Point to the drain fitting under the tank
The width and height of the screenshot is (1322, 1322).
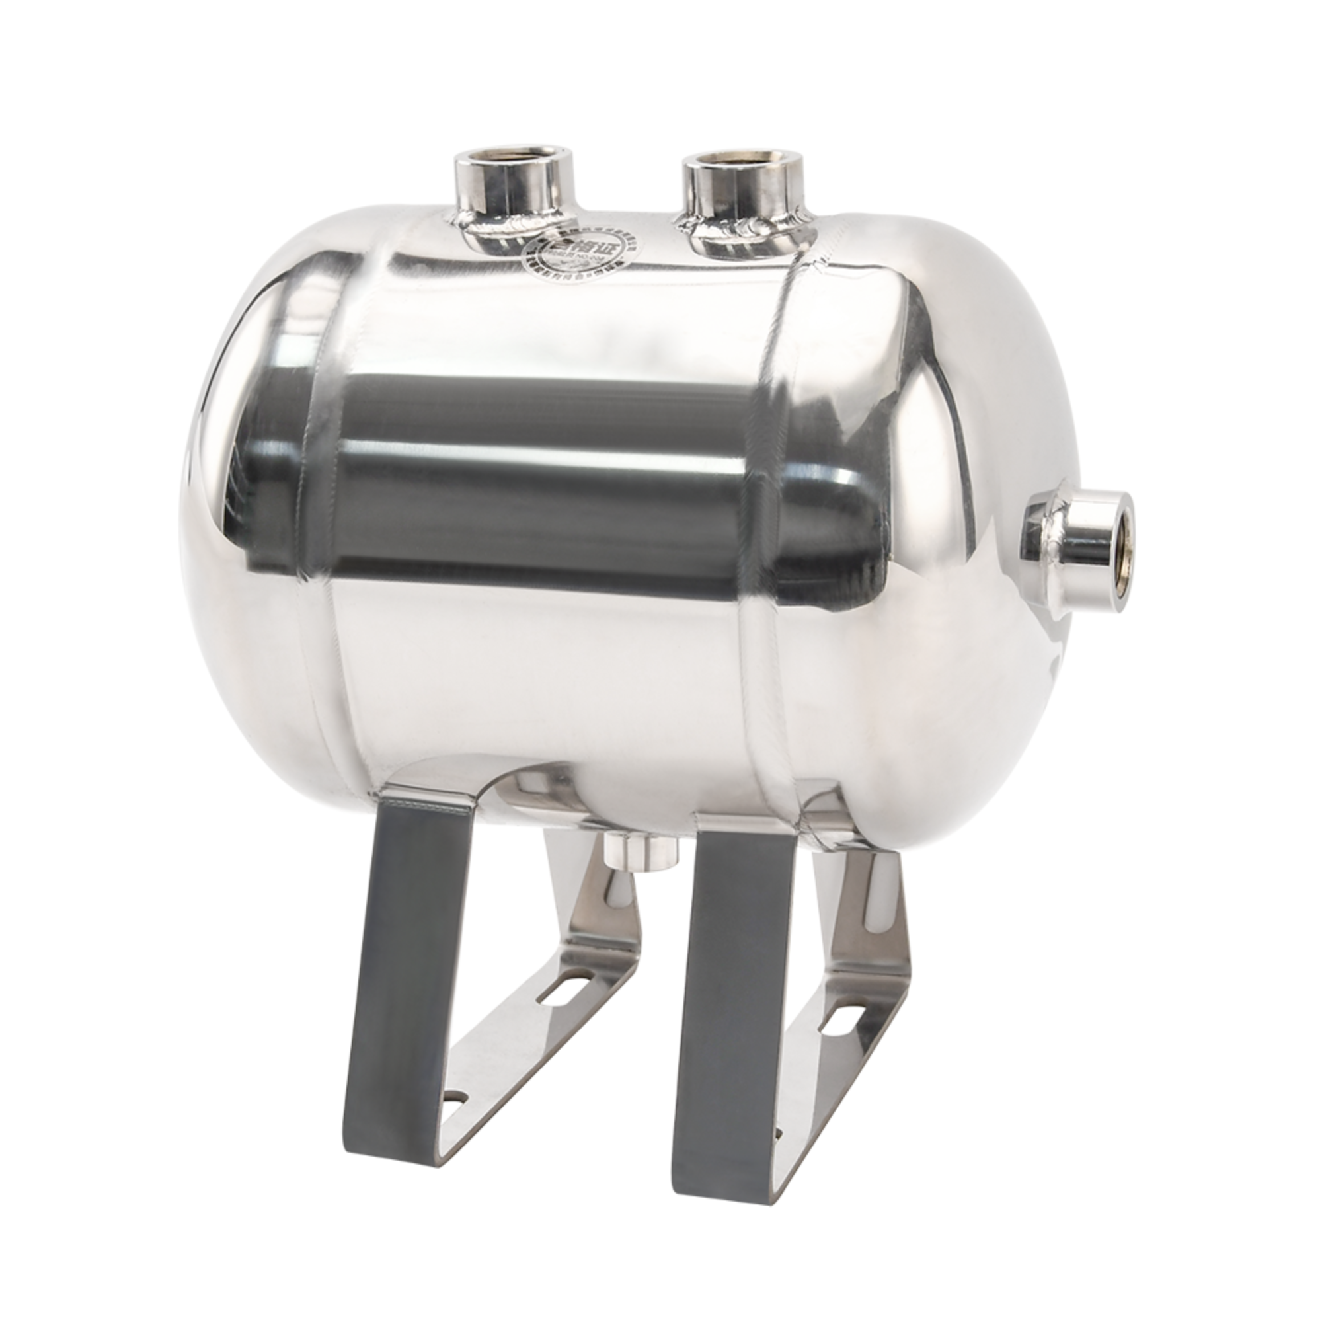click(x=641, y=852)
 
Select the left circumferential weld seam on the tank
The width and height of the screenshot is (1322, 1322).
click(x=329, y=547)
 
